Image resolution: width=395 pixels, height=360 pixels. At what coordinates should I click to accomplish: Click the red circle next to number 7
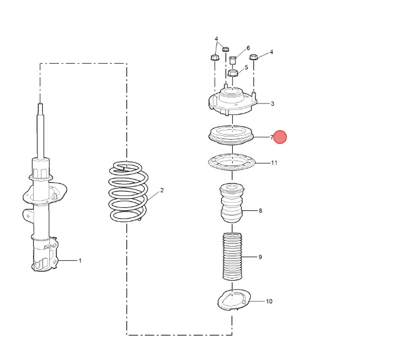click(280, 137)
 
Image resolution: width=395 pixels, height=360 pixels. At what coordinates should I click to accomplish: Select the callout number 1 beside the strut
click(80, 261)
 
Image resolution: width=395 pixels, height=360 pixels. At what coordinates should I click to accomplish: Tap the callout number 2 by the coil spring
click(162, 191)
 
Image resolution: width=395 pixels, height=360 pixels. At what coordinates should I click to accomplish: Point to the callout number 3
click(272, 104)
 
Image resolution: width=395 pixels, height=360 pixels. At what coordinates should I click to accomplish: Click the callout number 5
click(246, 67)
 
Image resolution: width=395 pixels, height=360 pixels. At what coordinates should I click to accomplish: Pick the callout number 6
click(248, 48)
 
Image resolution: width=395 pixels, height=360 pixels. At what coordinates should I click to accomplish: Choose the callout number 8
click(260, 210)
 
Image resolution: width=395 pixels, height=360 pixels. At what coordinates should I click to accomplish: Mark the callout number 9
click(260, 257)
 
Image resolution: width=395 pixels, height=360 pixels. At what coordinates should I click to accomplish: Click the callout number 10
click(269, 301)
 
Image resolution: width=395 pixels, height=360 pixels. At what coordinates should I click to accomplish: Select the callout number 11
click(274, 163)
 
